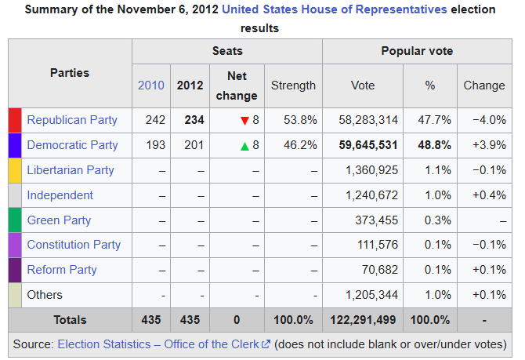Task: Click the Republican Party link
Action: coord(72,120)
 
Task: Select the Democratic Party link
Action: coord(72,145)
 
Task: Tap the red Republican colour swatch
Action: coord(15,120)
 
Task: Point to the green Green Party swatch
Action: coord(15,220)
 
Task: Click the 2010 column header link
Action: coord(151,85)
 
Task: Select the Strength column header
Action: coord(293,85)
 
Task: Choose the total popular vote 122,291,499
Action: coord(362,320)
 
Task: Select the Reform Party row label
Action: coord(62,270)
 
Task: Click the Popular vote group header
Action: coord(417,51)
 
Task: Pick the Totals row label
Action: coord(70,320)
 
